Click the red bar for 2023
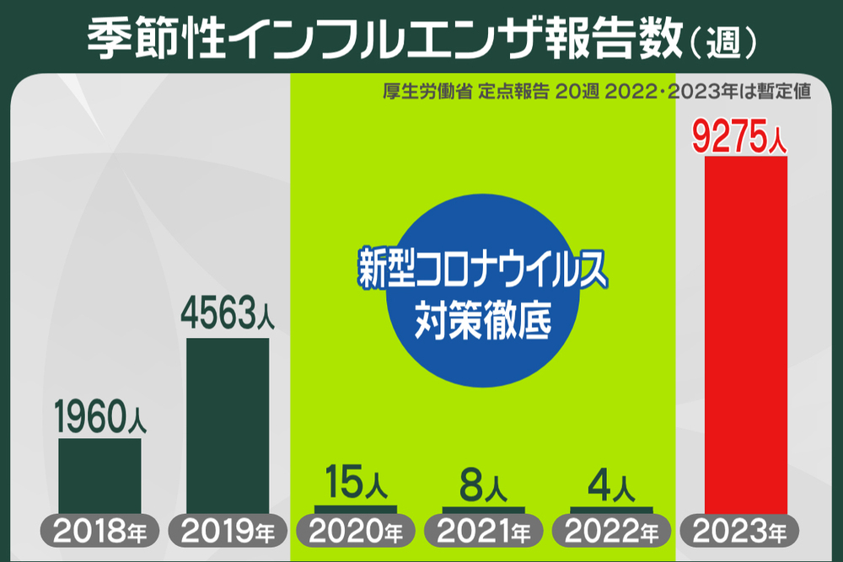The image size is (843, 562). tap(746, 333)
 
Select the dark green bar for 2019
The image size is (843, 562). tap(228, 426)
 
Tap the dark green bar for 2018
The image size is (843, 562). tap(99, 475)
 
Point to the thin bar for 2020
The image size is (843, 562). tap(356, 509)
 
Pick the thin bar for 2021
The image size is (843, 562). tap(484, 509)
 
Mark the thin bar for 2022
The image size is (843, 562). tap(611, 509)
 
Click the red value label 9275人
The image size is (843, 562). tap(739, 136)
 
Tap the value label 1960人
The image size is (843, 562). tap(100, 415)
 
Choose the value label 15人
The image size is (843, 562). tap(355, 483)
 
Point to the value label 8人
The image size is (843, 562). tap(483, 484)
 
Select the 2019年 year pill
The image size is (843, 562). tap(228, 532)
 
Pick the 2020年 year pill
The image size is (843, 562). tap(356, 532)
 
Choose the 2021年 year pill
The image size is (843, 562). tap(483, 532)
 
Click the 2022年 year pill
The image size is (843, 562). tap(611, 532)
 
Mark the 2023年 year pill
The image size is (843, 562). tap(739, 532)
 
